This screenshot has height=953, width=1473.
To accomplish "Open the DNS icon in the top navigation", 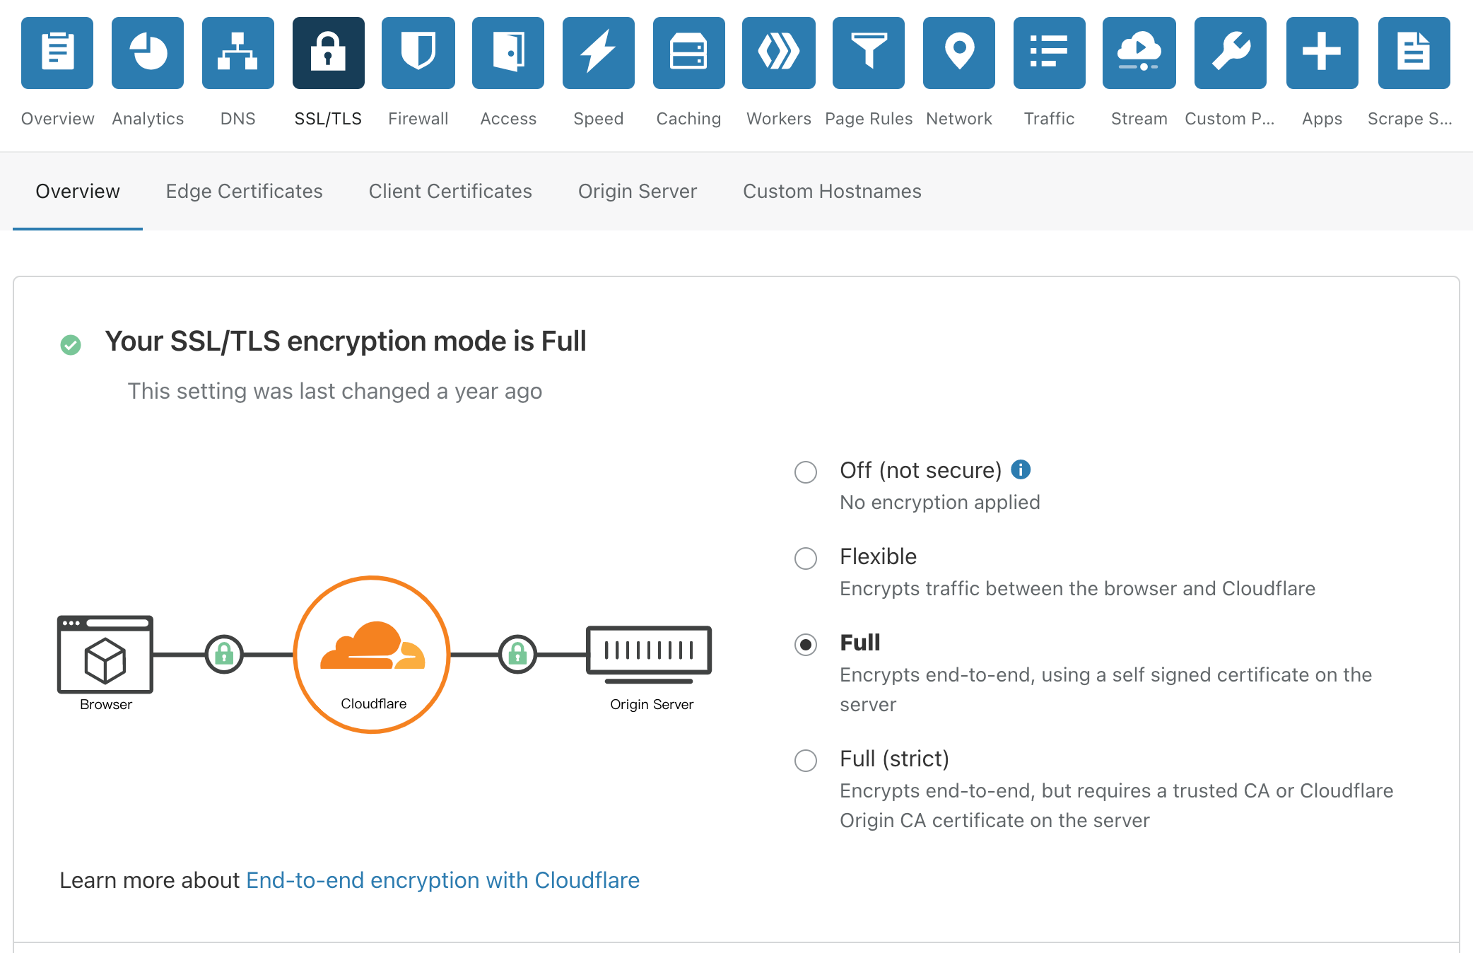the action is click(x=237, y=53).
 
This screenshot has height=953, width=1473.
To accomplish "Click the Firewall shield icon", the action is click(x=418, y=53).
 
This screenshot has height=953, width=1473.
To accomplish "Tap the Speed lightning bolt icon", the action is click(x=599, y=53).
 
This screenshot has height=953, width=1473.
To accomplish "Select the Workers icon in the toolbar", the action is click(x=779, y=53).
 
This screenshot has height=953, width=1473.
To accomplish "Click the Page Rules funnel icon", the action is click(x=869, y=53).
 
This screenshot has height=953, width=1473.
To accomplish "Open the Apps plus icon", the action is click(x=1322, y=53).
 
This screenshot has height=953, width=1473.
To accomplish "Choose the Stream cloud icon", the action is click(x=1139, y=53).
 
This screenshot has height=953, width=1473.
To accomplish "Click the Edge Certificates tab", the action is click(x=244, y=192).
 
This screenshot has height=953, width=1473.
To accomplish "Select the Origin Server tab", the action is click(x=638, y=192).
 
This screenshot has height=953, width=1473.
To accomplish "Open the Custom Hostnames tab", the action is click(x=832, y=192).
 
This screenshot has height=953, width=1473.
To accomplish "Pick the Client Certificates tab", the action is click(x=450, y=192).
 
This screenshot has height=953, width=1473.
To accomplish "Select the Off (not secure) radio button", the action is click(x=806, y=472).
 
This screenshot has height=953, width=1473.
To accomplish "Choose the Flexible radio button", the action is click(x=806, y=559).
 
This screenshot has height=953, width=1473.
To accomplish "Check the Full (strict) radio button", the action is click(x=806, y=761).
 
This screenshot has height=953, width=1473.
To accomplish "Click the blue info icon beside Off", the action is click(x=1021, y=469).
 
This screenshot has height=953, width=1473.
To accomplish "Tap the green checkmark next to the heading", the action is click(x=71, y=345).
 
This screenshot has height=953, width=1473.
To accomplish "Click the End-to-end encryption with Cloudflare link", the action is click(x=442, y=880).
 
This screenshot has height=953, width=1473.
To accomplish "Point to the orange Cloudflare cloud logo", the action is click(x=372, y=645).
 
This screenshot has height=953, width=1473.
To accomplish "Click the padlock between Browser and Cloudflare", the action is click(x=224, y=655).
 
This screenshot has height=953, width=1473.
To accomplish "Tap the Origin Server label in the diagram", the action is click(x=652, y=704).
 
